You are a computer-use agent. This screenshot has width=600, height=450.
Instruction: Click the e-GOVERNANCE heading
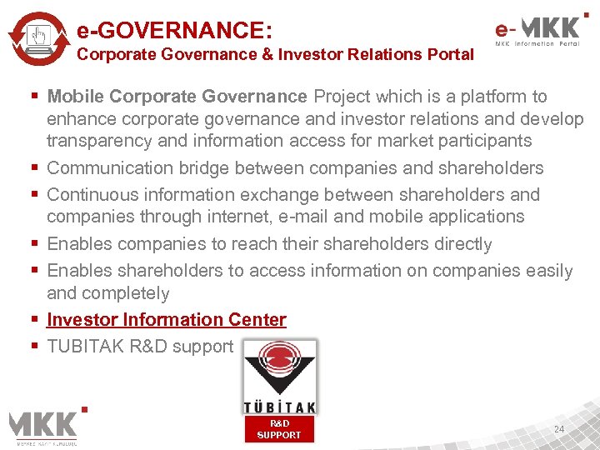175,30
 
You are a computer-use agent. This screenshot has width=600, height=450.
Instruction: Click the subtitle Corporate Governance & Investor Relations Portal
275,55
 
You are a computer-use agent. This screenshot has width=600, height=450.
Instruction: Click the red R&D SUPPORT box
279,429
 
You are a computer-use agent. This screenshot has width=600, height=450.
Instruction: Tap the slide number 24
559,429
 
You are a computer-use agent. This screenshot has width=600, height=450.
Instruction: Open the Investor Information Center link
167,320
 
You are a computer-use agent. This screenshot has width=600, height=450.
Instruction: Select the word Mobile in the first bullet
76,97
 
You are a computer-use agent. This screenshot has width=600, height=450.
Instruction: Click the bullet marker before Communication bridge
35,167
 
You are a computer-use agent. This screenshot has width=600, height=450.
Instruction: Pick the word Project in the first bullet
343,97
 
